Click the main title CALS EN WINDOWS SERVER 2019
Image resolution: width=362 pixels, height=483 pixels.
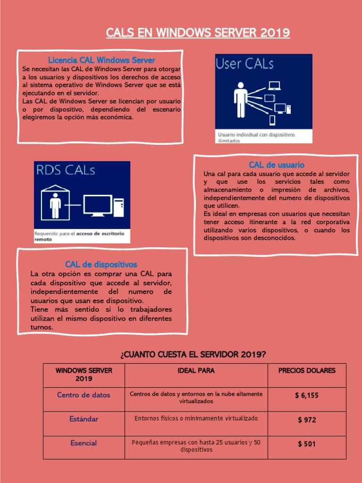[x=197, y=33]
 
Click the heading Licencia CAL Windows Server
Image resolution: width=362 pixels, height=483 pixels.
[x=101, y=60]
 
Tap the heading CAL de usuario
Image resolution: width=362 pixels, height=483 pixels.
[x=277, y=165]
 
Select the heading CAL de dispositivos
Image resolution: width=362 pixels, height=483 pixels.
[x=101, y=264]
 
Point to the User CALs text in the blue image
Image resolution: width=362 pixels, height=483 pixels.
[x=245, y=64]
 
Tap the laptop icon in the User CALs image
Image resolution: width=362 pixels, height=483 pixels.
[x=274, y=86]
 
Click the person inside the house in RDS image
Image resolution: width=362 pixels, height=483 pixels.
[x=56, y=204]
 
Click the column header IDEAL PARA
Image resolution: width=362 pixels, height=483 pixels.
[x=196, y=371]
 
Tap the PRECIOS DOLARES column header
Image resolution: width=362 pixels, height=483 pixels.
[x=307, y=371]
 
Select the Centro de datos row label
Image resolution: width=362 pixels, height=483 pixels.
[x=83, y=395]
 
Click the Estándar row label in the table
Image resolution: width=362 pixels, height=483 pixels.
[x=84, y=419]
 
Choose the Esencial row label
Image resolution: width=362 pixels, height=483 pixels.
[x=83, y=443]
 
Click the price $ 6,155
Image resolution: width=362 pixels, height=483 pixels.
[x=307, y=395]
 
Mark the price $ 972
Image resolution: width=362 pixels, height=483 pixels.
[x=307, y=420]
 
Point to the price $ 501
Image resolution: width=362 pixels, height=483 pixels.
[x=307, y=444]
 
